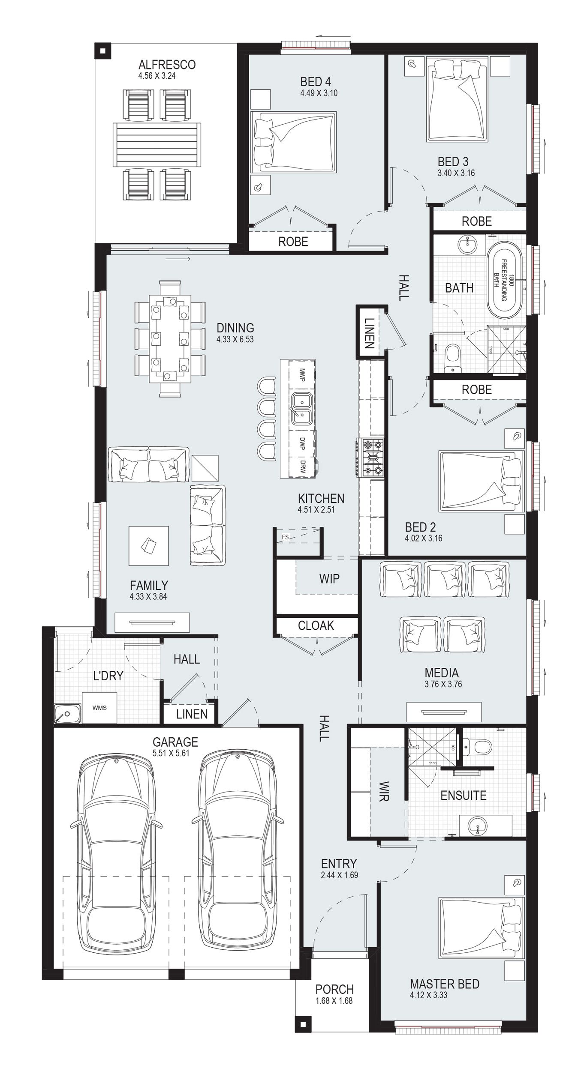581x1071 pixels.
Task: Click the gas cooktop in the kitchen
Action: tap(372, 458)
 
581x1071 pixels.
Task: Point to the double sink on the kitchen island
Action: tap(302, 408)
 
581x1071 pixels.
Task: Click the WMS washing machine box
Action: tap(99, 708)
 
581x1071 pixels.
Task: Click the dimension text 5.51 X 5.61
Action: tap(171, 753)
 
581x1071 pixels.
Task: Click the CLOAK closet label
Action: tap(316, 626)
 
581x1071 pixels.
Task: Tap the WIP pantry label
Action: tap(329, 579)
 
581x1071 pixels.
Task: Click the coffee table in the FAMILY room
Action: tap(148, 545)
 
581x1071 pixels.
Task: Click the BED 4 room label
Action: tap(315, 81)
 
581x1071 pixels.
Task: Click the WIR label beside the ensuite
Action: tap(384, 791)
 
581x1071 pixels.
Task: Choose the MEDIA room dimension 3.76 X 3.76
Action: tap(443, 684)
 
